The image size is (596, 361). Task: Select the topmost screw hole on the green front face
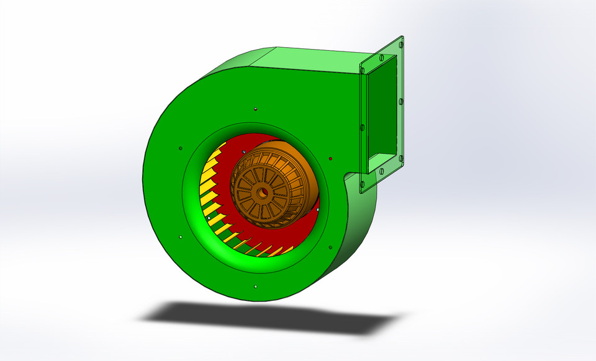256,109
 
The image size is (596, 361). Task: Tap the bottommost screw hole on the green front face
256,287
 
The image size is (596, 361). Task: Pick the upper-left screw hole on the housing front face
180,148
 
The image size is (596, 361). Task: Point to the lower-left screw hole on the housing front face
179,236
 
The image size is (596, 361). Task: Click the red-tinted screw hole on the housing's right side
330,158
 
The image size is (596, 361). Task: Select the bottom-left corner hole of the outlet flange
363,184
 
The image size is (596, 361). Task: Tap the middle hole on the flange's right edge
401,100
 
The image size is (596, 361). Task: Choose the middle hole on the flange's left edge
362,127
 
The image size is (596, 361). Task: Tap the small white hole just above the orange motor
246,151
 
